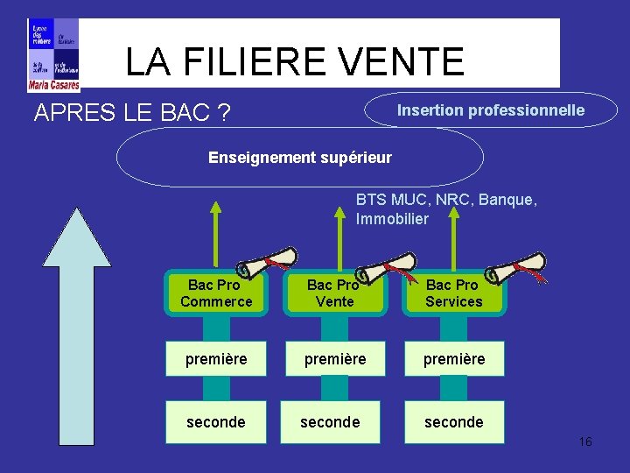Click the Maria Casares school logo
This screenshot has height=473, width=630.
[x=53, y=54]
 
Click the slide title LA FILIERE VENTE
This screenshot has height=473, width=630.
[x=294, y=61]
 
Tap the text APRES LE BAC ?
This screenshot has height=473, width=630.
[x=132, y=113]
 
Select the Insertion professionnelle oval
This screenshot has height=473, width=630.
[x=491, y=110]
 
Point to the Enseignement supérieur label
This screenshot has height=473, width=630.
[x=300, y=158]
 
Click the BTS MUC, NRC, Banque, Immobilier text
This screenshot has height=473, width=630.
[x=446, y=209]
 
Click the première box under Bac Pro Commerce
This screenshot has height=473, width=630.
[x=216, y=359]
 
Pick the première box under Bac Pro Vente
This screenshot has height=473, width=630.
[x=334, y=359]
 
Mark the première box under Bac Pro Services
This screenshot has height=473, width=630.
[x=453, y=359]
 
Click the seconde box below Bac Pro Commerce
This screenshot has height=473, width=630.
[x=216, y=422]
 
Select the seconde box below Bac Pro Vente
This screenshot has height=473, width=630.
[x=330, y=422]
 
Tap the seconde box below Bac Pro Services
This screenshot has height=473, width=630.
[x=453, y=422]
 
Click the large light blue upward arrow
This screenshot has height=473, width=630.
[x=77, y=333]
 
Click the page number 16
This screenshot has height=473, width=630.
[x=585, y=441]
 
